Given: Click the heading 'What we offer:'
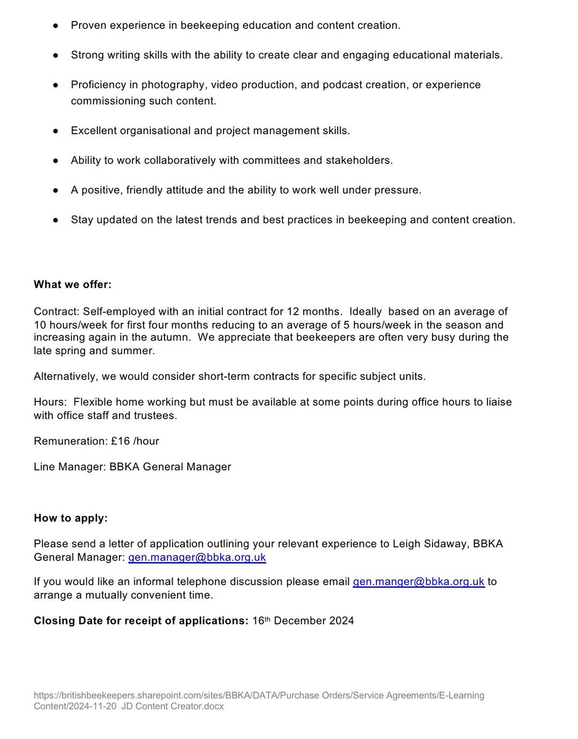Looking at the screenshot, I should coord(73,285).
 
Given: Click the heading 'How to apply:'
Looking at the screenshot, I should coord(70,518).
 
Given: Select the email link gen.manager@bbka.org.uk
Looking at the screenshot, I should coord(197,558).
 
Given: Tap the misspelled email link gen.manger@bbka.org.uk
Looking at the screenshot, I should coord(418,582).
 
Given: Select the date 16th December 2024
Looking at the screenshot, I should coord(303,621).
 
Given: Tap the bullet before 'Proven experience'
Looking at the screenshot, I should coord(55,26).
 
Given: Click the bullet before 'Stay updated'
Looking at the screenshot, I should coord(55,220).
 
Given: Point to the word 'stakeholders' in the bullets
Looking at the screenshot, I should coord(362,160).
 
